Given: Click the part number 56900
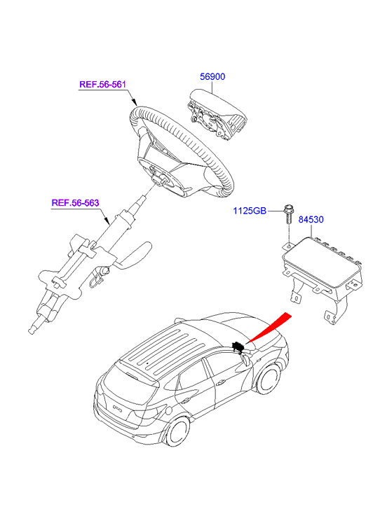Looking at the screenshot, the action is pyautogui.click(x=212, y=77).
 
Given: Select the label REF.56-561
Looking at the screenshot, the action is pyautogui.click(x=102, y=85).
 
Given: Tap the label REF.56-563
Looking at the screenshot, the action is pyautogui.click(x=75, y=203).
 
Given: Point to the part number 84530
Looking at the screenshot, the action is pyautogui.click(x=311, y=220).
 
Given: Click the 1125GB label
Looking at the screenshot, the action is pyautogui.click(x=250, y=211).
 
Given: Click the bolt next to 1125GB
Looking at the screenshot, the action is pyautogui.click(x=288, y=214).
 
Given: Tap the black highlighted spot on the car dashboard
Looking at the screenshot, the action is pyautogui.click(x=238, y=347).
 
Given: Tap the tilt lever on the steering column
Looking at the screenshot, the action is pyautogui.click(x=133, y=256).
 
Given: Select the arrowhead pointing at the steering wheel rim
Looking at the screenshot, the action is pyautogui.click(x=134, y=102).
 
